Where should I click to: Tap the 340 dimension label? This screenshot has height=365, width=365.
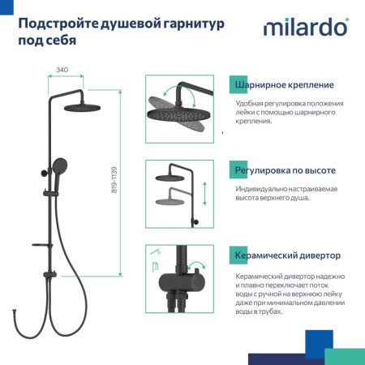[62, 71]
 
